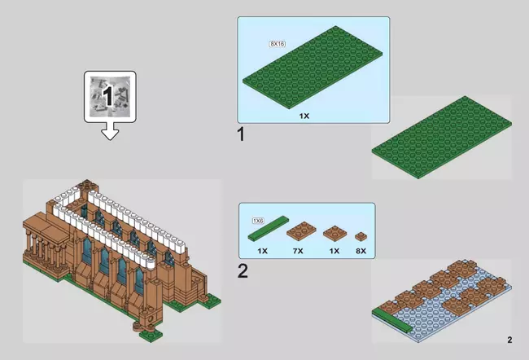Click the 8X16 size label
[x=278, y=44]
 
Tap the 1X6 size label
[x=258, y=221]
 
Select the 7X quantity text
[x=298, y=251]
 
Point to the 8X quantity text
[x=361, y=251]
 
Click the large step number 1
[x=241, y=134]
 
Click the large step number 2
[x=243, y=271]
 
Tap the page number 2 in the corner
[x=509, y=340]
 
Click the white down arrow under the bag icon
[x=110, y=131]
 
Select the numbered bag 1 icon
[x=110, y=97]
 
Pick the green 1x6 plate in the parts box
[x=269, y=228]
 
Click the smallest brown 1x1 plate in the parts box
[x=361, y=236]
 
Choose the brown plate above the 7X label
[x=301, y=231]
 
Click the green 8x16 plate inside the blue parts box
[x=313, y=68]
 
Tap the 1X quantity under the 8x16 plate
[x=304, y=116]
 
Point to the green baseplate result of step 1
[x=442, y=137]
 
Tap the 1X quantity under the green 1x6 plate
[x=263, y=251]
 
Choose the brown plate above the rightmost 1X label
[x=334, y=233]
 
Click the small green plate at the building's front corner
[x=151, y=334]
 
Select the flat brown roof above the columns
[x=46, y=227]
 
